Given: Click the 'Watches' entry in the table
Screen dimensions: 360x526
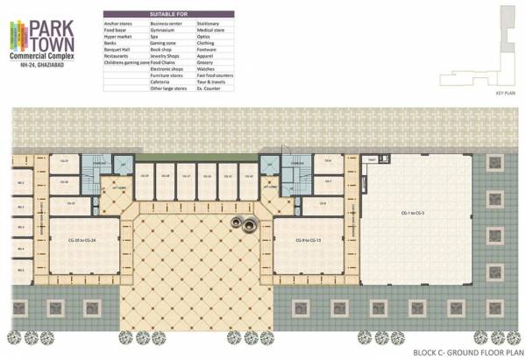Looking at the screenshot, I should tap(206, 69).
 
